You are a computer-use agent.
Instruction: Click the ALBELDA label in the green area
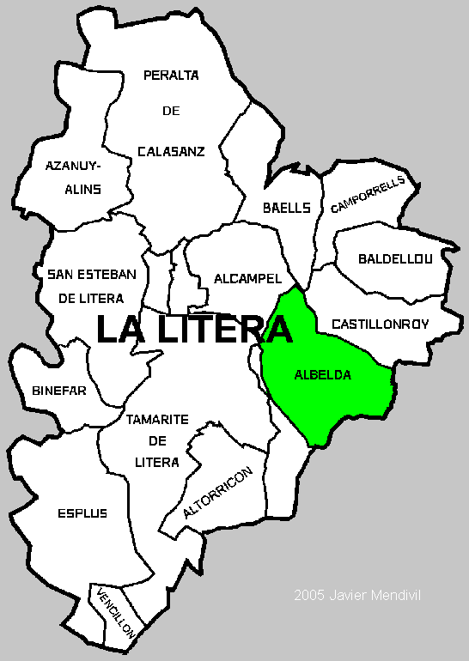(323, 375)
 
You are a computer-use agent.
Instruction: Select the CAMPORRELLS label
(367, 194)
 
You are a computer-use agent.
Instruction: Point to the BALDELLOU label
(396, 258)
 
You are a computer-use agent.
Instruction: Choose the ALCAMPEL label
(248, 279)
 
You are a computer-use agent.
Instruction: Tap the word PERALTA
(171, 75)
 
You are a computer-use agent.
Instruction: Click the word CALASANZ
(171, 151)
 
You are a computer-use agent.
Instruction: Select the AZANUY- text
(73, 165)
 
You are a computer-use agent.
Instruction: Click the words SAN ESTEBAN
(92, 274)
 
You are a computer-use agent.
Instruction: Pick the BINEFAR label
(59, 391)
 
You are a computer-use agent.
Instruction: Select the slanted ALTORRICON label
(218, 494)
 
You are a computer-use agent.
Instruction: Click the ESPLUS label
(82, 513)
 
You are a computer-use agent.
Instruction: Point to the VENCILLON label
(115, 611)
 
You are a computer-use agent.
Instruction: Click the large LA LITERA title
(194, 330)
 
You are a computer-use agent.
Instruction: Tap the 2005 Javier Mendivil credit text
(358, 595)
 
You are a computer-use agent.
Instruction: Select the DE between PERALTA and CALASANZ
(171, 111)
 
